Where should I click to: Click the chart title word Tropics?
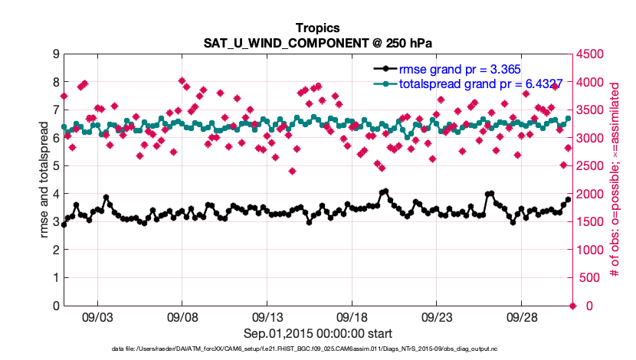pyautogui.click(x=317, y=28)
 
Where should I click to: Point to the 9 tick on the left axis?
pyautogui.click(x=56, y=54)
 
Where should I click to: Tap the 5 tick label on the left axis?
pyautogui.click(x=56, y=165)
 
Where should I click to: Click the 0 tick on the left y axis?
pyautogui.click(x=56, y=306)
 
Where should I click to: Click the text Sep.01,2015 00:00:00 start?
pyautogui.click(x=317, y=333)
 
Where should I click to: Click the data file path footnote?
pyautogui.click(x=317, y=349)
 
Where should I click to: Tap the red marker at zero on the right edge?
pyautogui.click(x=571, y=306)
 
